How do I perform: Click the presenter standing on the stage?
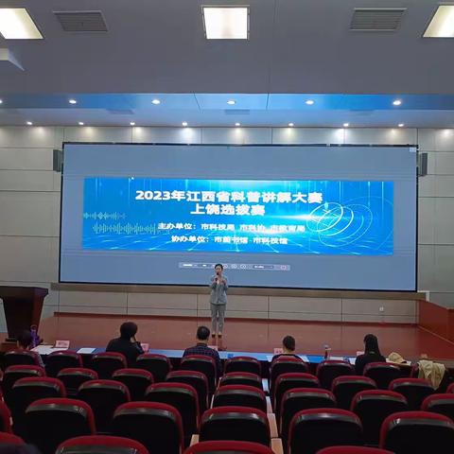click(218, 301)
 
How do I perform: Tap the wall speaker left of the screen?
click(58, 160)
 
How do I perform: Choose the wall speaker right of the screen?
click(422, 164)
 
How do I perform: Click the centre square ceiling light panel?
click(225, 22)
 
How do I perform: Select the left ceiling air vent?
click(79, 21)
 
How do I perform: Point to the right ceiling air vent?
click(377, 19)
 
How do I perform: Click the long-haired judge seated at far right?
click(370, 352)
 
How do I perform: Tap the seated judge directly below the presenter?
click(201, 344)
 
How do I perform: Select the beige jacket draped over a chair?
click(431, 372)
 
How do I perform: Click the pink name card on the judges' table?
click(62, 344)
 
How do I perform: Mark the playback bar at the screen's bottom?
click(234, 266)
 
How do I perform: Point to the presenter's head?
click(218, 270)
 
